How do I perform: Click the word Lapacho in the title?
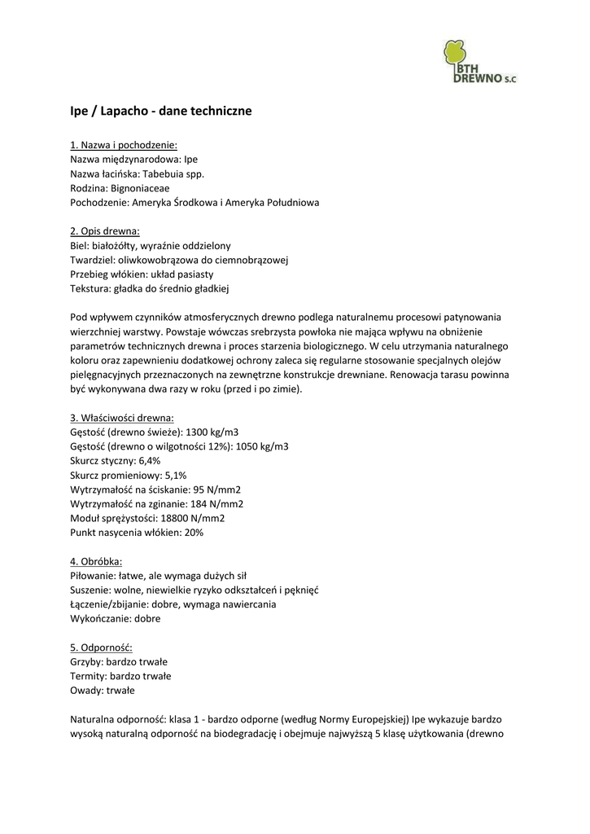pos(122,110)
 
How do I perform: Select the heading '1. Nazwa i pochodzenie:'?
pos(124,145)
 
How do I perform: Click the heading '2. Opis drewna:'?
pos(105,230)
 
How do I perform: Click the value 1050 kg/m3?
pos(261,446)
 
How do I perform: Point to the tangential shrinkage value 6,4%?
pos(148,461)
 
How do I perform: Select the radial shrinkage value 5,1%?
pos(175,475)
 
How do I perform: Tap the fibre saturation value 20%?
pos(193,533)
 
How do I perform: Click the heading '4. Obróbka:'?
pos(96,561)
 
